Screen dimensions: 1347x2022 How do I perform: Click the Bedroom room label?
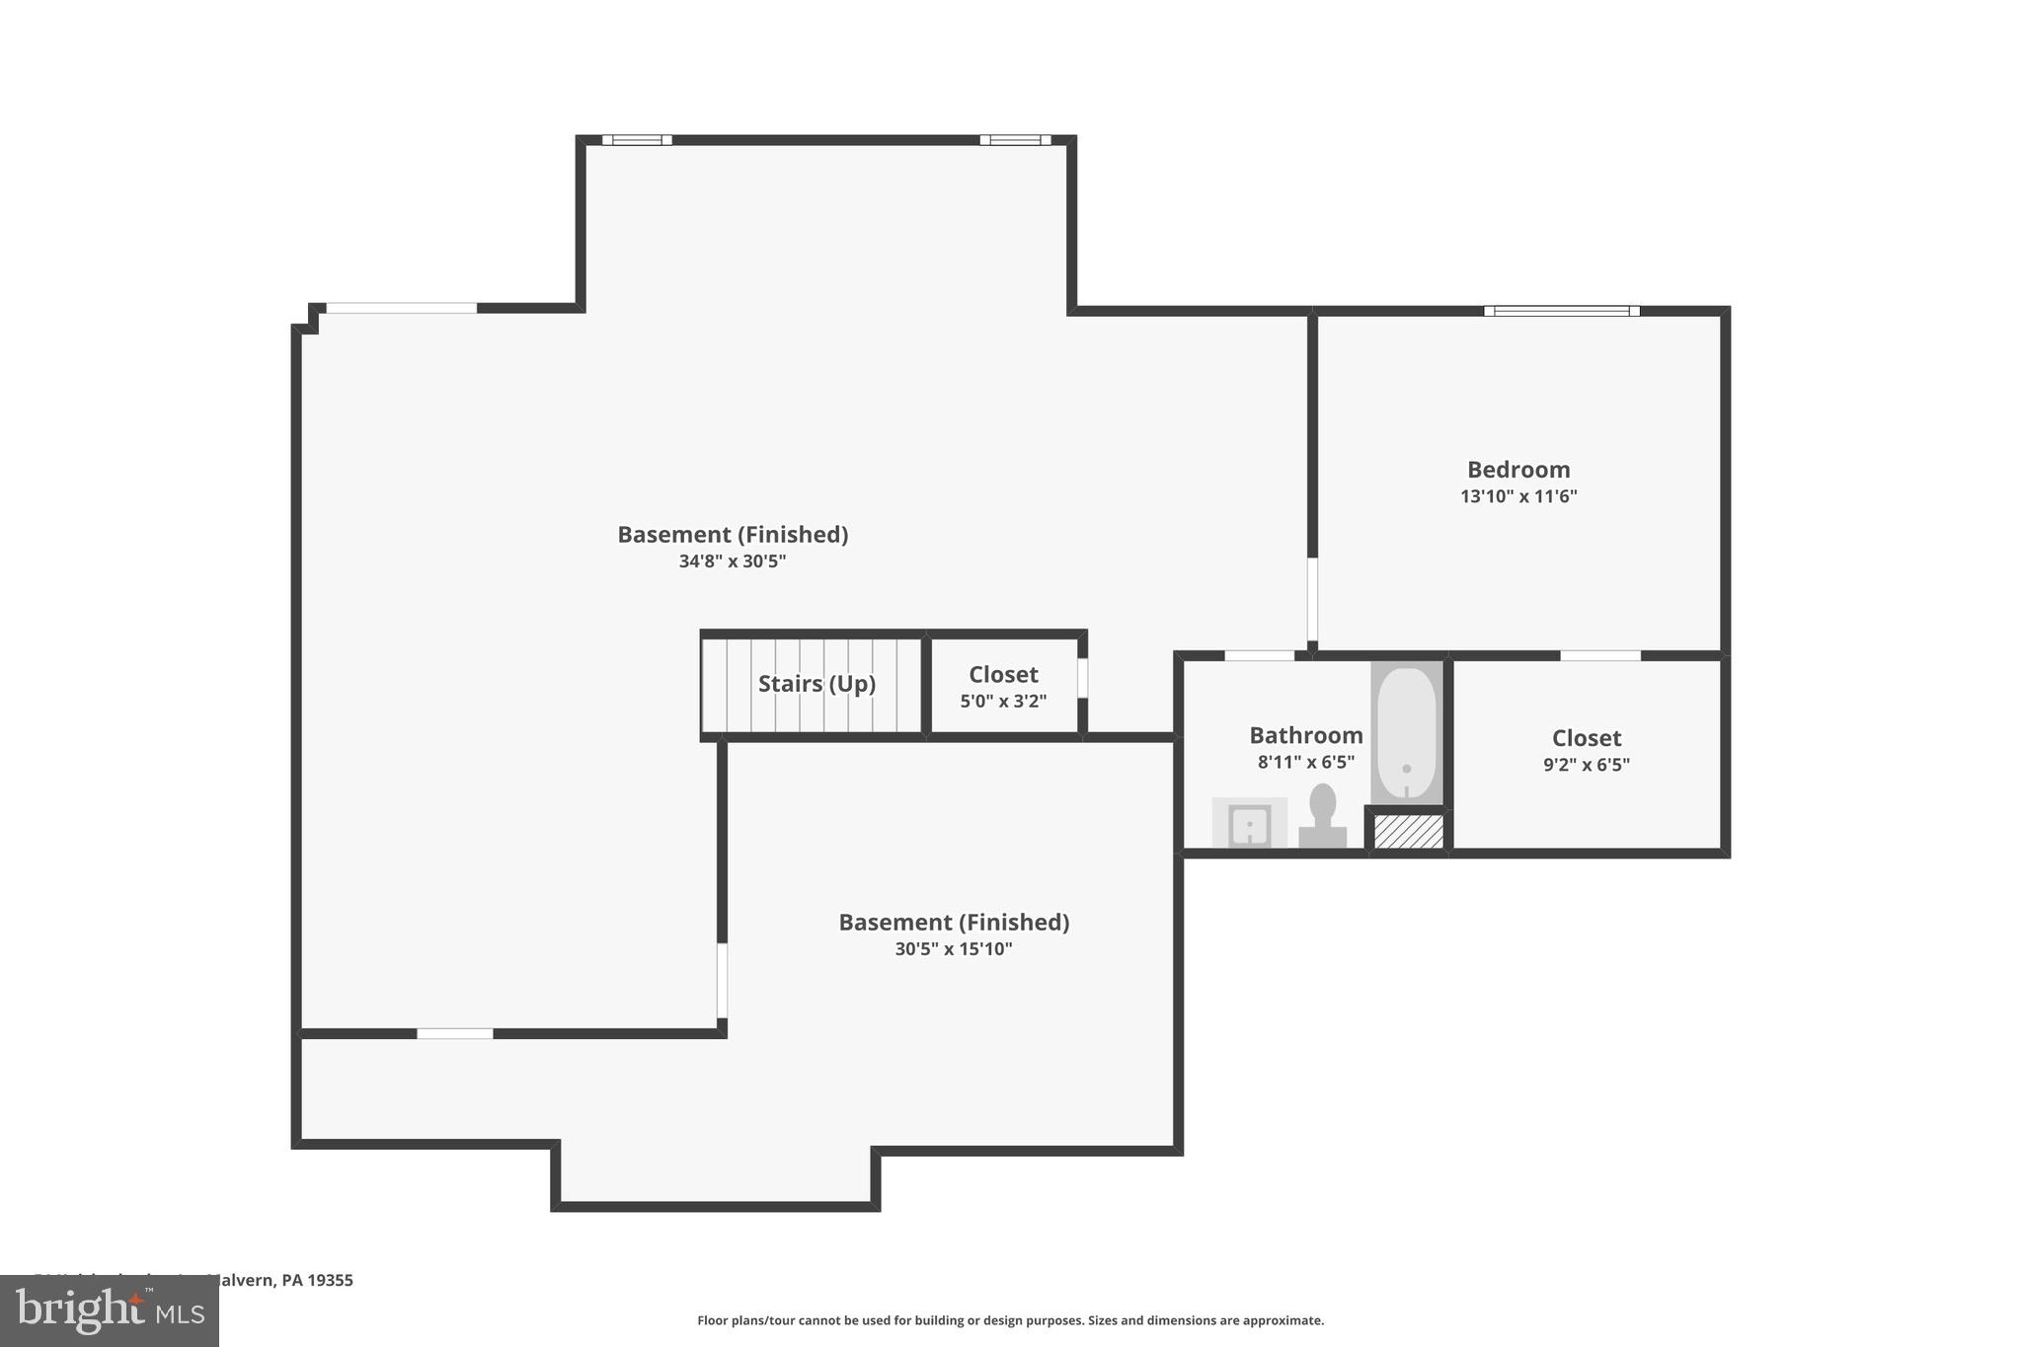tap(1517, 470)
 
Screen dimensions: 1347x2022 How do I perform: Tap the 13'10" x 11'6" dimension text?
tap(1517, 496)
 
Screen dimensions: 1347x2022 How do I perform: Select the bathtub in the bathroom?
tap(1406, 733)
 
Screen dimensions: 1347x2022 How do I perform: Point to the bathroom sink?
tap(1249, 824)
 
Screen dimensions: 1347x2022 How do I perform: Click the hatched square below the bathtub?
tap(1408, 831)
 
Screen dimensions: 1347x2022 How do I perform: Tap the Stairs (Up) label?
tap(817, 684)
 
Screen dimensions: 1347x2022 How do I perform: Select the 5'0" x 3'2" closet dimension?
tap(1003, 702)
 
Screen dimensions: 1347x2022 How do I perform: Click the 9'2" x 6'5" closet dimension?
tap(1586, 765)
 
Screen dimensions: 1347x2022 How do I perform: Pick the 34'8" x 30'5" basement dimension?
tap(732, 561)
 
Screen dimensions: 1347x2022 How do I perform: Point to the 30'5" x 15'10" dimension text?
tap(953, 949)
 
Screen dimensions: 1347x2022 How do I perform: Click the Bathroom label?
tap(1305, 735)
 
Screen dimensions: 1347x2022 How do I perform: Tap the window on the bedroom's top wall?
tap(1561, 311)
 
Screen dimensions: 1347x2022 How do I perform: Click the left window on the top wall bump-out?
tap(637, 140)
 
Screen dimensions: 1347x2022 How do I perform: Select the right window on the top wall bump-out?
tap(1014, 140)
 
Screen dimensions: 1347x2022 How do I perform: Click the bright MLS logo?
tap(109, 1311)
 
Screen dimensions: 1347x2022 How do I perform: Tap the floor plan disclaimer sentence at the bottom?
tap(1010, 1320)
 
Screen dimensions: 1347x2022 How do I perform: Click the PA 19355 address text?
tap(316, 1280)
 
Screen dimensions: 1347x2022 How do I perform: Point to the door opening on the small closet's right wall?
tap(1082, 678)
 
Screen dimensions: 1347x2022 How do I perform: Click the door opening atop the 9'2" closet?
tap(1599, 655)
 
